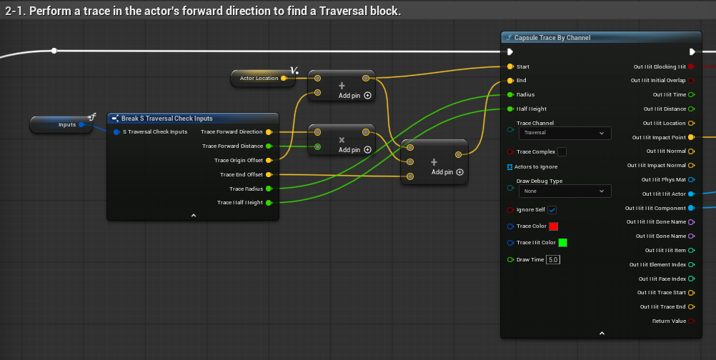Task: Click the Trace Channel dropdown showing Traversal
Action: tap(565, 133)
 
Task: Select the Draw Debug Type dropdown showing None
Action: tap(565, 191)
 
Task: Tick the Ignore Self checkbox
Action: tap(552, 210)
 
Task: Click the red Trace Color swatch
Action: tap(554, 226)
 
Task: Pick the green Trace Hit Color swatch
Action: tap(563, 243)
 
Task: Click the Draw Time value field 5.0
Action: tap(553, 259)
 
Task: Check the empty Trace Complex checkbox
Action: tap(562, 152)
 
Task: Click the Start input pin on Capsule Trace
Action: tap(510, 66)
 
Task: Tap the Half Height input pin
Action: tap(510, 109)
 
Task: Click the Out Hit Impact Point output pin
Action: tap(691, 137)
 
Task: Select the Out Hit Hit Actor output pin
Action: tap(691, 194)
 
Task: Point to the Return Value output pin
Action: tap(691, 321)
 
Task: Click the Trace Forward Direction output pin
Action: tap(269, 132)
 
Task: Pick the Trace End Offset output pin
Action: tap(269, 175)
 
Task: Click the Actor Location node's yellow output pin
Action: tap(284, 79)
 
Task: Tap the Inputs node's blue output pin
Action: tap(81, 124)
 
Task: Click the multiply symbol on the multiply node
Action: tap(342, 140)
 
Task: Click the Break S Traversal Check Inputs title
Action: tap(166, 119)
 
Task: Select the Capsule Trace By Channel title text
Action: tap(552, 38)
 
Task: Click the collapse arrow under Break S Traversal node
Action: tap(194, 216)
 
